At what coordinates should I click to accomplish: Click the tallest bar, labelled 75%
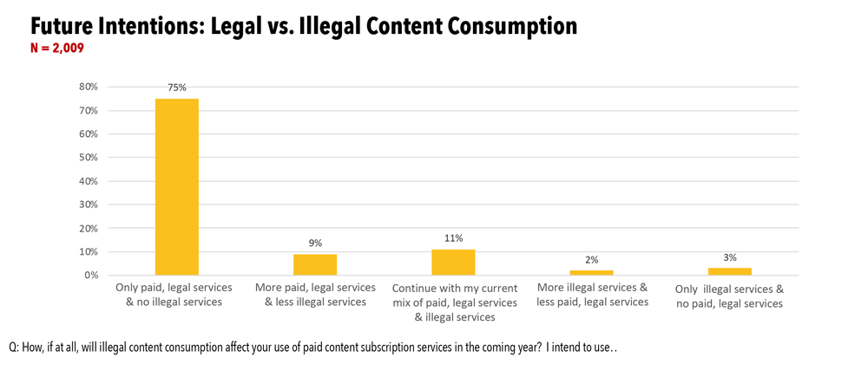[177, 186]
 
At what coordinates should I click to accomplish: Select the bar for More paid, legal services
[315, 264]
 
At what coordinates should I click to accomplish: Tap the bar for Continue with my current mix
[453, 262]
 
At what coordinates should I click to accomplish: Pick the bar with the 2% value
[591, 272]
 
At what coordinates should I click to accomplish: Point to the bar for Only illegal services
[730, 271]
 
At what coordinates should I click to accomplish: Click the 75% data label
[177, 88]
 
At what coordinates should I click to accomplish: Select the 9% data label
[315, 244]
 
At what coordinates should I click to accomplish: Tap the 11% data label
[453, 238]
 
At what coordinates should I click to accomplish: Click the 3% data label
[730, 257]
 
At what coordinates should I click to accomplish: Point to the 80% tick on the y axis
[89, 87]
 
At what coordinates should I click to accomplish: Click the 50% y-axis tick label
[89, 158]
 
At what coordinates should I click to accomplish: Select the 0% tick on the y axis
[91, 276]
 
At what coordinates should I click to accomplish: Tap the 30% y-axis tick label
[89, 205]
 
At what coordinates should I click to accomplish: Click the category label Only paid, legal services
[174, 295]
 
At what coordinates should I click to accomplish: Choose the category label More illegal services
[592, 295]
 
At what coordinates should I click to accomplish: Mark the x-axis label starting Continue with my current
[454, 302]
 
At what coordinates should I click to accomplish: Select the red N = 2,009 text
[56, 49]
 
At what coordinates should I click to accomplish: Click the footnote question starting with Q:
[312, 347]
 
